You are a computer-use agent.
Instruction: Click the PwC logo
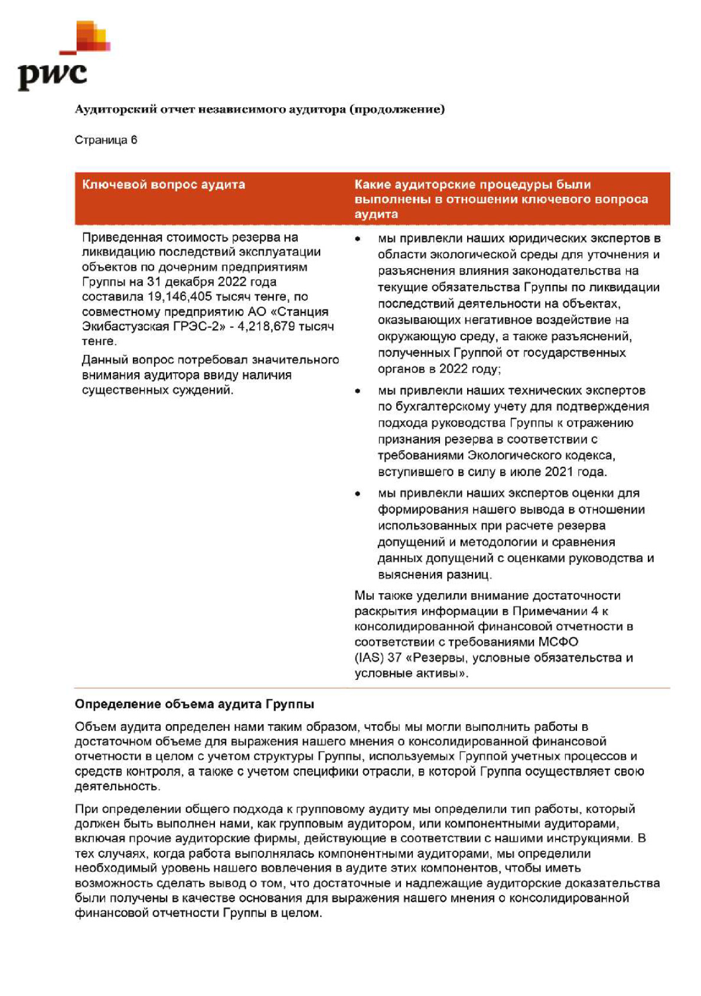59,59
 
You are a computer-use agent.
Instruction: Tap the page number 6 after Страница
134,140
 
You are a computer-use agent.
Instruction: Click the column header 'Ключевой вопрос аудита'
163,184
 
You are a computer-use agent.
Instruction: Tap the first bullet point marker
358,239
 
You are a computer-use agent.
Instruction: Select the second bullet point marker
358,390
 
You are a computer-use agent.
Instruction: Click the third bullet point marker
358,493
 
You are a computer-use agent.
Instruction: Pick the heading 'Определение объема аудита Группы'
194,704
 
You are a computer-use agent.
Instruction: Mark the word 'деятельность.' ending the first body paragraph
117,786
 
